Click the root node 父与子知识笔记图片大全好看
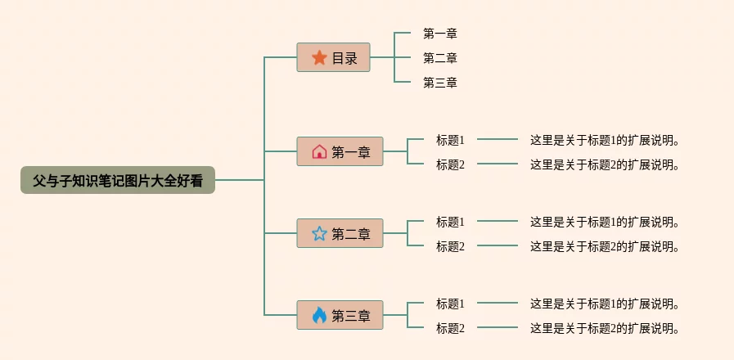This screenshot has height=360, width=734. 117,180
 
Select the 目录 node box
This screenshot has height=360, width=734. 334,58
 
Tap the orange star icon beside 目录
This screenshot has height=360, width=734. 319,58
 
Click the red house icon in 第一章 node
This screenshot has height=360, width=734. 319,151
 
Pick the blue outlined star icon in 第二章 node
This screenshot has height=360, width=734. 319,234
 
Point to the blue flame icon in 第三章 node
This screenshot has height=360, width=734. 319,315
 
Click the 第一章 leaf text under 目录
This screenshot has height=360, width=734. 439,34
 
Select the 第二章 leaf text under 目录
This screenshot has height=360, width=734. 439,58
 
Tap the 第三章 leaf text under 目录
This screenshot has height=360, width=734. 439,83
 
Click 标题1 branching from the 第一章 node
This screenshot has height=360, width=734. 450,140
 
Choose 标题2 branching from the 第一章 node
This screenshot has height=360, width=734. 450,164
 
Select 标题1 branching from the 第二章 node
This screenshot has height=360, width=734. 450,222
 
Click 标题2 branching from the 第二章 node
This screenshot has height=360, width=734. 450,246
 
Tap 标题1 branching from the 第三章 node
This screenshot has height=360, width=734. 450,304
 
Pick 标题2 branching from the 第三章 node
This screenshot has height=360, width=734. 450,328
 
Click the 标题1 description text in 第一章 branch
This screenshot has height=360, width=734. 606,140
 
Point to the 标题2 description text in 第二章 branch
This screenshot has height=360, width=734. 606,246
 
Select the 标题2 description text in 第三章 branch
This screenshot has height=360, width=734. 606,328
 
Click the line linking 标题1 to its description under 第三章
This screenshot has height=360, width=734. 497,304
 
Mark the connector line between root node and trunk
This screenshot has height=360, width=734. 239,180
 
